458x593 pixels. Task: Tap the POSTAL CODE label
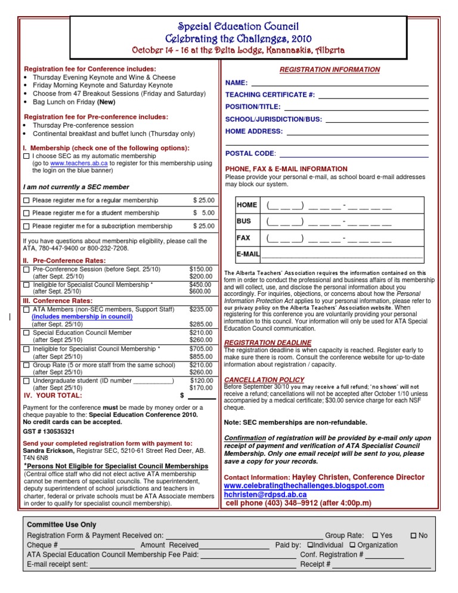click(250, 154)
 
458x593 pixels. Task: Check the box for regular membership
click(26, 200)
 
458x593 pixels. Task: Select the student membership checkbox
click(26, 213)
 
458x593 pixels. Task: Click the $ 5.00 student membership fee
click(203, 213)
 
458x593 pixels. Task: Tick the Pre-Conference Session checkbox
click(26, 270)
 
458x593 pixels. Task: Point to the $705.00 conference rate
click(201, 348)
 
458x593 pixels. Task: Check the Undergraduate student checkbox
click(26, 381)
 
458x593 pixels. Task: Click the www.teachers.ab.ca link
click(70, 163)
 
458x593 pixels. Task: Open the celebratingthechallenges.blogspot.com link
click(304, 486)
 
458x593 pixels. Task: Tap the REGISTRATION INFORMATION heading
click(330, 70)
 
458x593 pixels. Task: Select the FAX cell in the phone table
click(243, 238)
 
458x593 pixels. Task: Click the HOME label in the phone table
click(247, 205)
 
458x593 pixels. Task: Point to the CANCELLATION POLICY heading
click(264, 380)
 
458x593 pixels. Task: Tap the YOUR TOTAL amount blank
click(202, 396)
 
